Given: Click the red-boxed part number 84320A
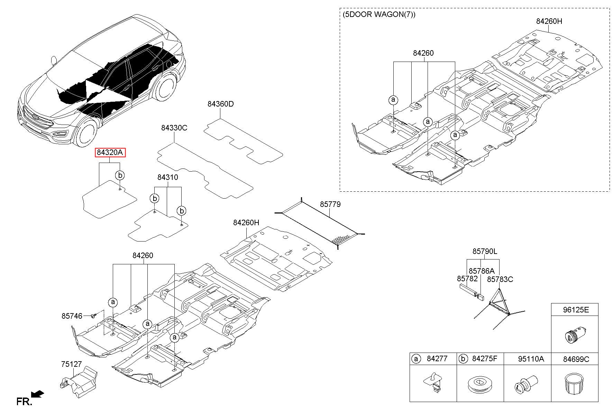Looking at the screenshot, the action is click(x=110, y=153).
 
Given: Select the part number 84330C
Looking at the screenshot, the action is click(x=174, y=128).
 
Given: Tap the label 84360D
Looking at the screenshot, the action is click(x=221, y=104).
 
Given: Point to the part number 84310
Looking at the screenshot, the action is click(x=167, y=177).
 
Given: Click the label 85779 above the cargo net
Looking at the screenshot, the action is click(x=330, y=204).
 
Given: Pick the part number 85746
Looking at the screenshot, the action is click(x=72, y=316).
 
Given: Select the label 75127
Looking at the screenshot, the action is click(x=72, y=364).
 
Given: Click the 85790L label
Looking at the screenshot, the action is click(x=485, y=252).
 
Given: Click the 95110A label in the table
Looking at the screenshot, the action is click(x=531, y=359).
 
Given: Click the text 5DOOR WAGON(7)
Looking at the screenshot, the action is click(x=379, y=15).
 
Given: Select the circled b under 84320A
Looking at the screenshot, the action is click(x=120, y=175).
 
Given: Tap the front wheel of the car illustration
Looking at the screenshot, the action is click(x=85, y=133).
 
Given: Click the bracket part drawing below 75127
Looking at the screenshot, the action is click(x=78, y=382).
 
